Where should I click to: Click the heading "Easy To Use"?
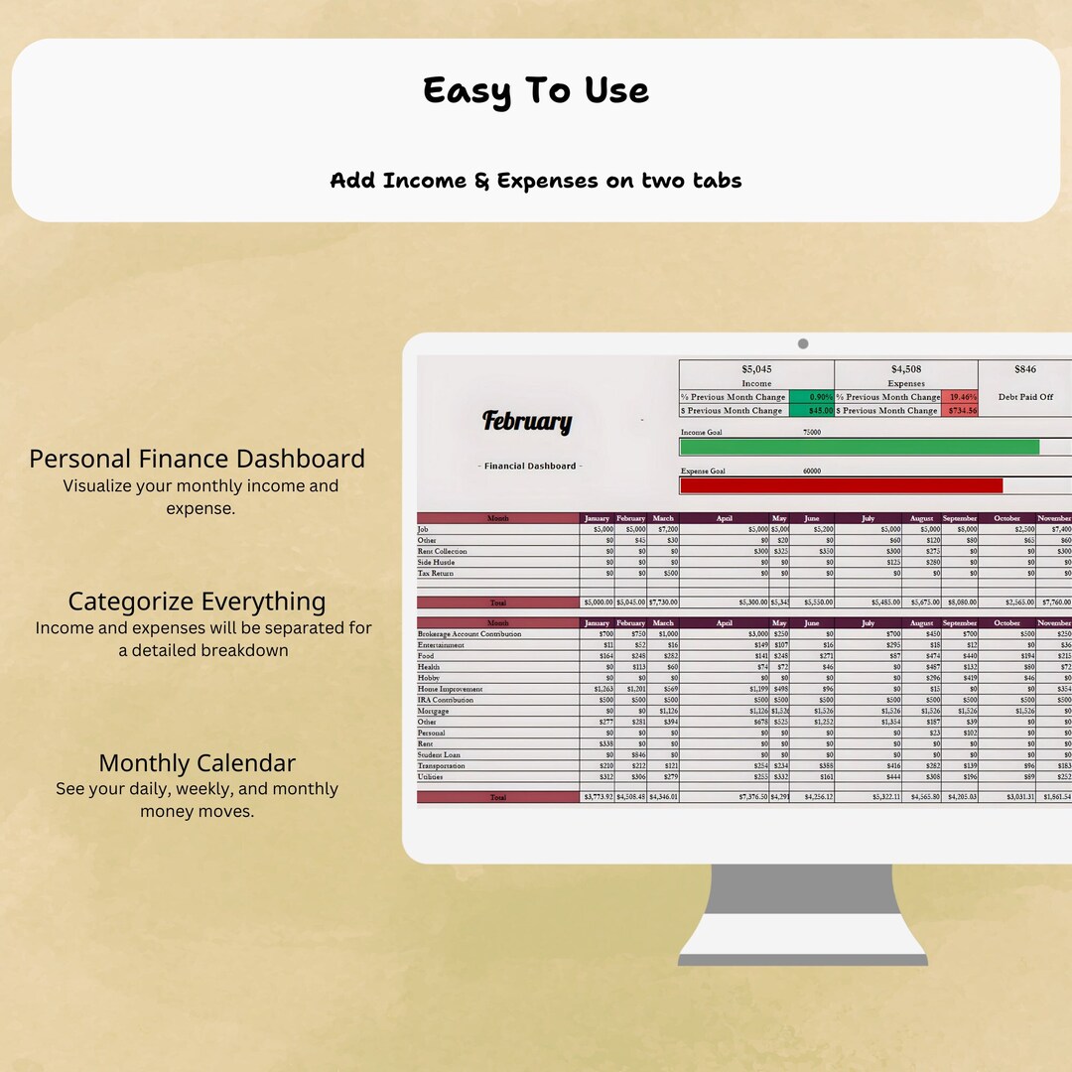(x=536, y=90)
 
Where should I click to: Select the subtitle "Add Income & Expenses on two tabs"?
(x=536, y=181)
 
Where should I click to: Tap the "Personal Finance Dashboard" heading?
(x=197, y=459)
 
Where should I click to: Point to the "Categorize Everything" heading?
(x=197, y=602)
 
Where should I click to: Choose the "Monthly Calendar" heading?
(x=197, y=763)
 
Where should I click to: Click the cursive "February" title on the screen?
(x=527, y=422)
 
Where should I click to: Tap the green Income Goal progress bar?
(x=859, y=447)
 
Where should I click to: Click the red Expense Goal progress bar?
(x=841, y=485)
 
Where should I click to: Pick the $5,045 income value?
(x=756, y=369)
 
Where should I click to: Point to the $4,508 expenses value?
(x=906, y=369)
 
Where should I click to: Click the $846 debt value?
(x=1025, y=369)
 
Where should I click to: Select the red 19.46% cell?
(x=959, y=397)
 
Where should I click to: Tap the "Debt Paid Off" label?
(x=1025, y=397)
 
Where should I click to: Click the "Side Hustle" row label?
(x=436, y=562)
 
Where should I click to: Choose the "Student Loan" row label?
(x=439, y=754)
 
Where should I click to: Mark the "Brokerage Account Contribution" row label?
(x=469, y=634)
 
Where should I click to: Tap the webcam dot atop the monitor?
(x=803, y=343)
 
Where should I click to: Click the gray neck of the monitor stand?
(x=803, y=897)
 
